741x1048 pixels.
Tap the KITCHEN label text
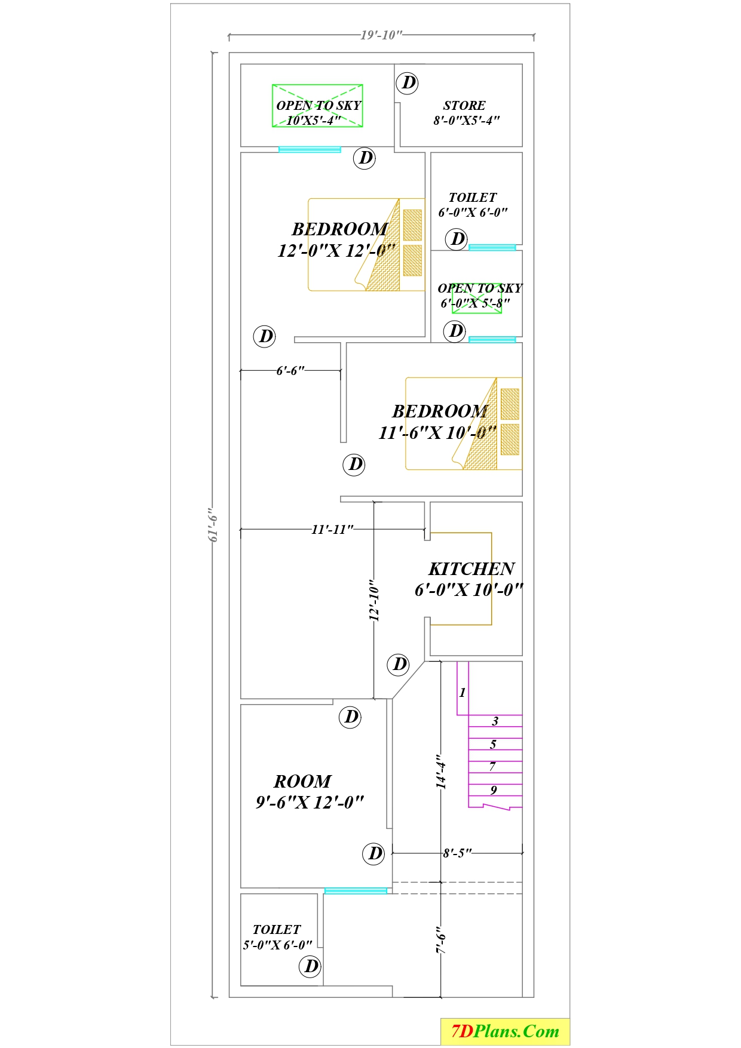(x=471, y=569)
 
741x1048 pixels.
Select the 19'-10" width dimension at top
(x=381, y=35)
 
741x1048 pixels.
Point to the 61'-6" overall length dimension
(x=213, y=525)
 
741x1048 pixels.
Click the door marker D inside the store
(x=408, y=82)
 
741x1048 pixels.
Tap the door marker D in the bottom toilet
(x=311, y=966)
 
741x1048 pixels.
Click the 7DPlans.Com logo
(x=505, y=1031)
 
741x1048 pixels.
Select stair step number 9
(x=494, y=790)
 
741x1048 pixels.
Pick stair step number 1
(x=462, y=693)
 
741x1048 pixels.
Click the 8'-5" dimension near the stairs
(x=457, y=853)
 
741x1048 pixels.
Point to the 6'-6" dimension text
(x=290, y=371)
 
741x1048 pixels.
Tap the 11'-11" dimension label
(x=332, y=529)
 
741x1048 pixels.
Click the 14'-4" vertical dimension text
(x=441, y=772)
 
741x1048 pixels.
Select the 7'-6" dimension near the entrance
(x=441, y=940)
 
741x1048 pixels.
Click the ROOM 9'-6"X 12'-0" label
(x=309, y=791)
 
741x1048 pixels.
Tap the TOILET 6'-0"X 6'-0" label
(x=473, y=204)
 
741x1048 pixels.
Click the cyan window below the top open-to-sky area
(x=310, y=149)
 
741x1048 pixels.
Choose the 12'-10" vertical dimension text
(x=374, y=600)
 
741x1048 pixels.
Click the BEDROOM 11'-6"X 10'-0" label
(x=438, y=422)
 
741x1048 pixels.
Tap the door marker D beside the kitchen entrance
(x=399, y=663)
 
